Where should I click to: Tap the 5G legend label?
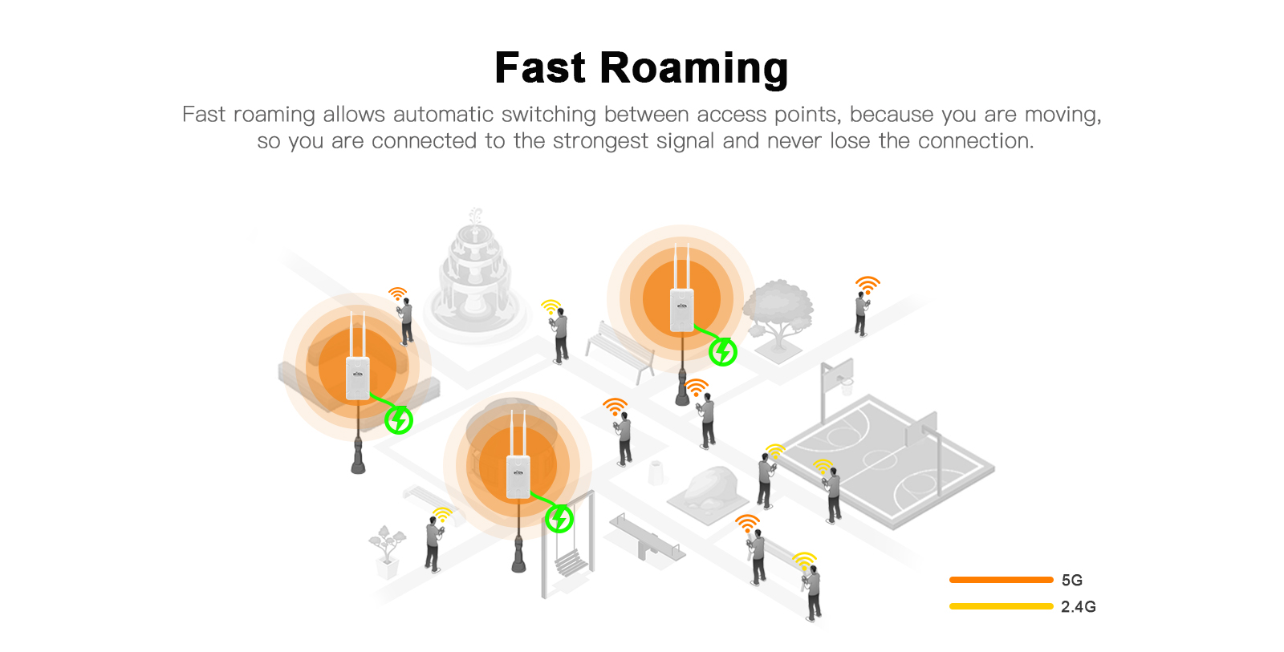tap(1071, 580)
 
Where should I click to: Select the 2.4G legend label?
tap(1078, 606)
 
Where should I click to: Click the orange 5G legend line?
tap(1001, 580)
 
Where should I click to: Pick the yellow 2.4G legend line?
tap(1001, 606)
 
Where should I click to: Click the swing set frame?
tap(569, 545)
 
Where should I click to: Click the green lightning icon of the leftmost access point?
tap(399, 419)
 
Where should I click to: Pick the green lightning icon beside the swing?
tap(559, 519)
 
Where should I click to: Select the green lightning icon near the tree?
tap(723, 351)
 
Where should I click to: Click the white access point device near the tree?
tap(681, 310)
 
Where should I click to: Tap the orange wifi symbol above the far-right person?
tap(868, 284)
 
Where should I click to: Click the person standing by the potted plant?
tap(433, 543)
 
